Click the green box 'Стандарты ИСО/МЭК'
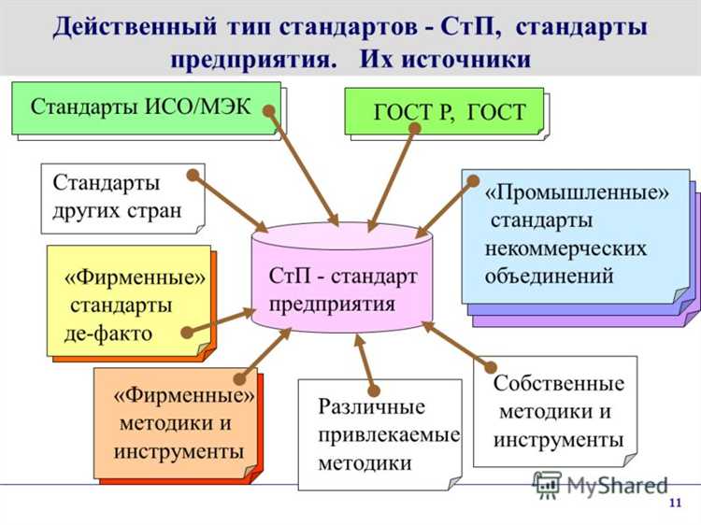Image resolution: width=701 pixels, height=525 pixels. (x=145, y=107)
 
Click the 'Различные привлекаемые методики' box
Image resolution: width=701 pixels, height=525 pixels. (x=379, y=433)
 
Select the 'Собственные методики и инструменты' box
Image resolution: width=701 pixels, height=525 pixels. (x=557, y=411)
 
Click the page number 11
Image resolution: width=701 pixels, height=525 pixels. (x=675, y=505)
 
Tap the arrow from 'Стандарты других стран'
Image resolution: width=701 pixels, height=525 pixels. (x=230, y=201)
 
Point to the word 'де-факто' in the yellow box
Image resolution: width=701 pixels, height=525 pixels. (x=107, y=334)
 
